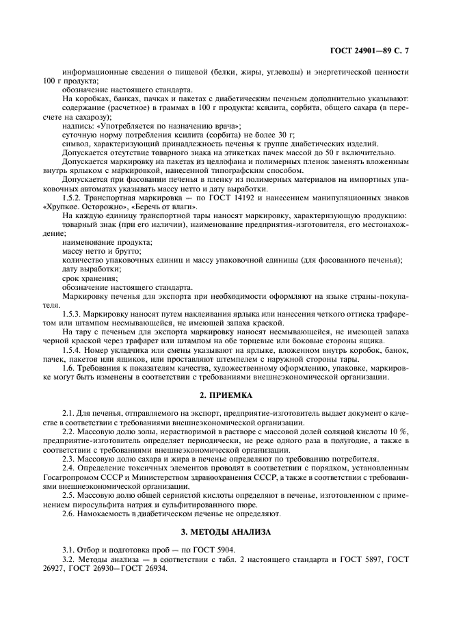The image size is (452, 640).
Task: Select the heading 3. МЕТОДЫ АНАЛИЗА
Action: pyautogui.click(x=226, y=531)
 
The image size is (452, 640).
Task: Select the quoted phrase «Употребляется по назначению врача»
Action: pyautogui.click(x=165, y=126)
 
